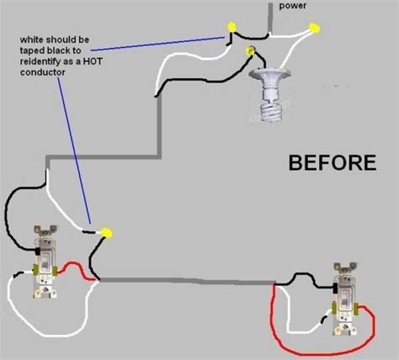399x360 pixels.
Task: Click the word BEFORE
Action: [x=332, y=163]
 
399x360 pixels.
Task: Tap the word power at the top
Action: [x=293, y=6]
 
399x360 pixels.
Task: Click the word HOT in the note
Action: [x=93, y=61]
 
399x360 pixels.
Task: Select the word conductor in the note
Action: [x=43, y=72]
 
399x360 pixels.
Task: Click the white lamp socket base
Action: [x=270, y=84]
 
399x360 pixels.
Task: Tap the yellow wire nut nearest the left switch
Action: [x=107, y=232]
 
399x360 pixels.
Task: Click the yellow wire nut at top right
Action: [x=315, y=28]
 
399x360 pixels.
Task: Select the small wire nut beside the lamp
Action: [x=249, y=50]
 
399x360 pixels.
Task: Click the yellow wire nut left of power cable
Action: [x=231, y=27]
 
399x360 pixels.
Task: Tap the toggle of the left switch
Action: [x=45, y=262]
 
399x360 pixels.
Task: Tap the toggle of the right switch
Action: [x=344, y=299]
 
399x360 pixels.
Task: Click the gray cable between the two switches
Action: [x=187, y=281]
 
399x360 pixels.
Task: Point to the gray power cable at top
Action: [x=270, y=18]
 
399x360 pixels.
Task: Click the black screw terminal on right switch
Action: [x=335, y=289]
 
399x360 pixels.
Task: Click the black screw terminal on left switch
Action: [x=37, y=251]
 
